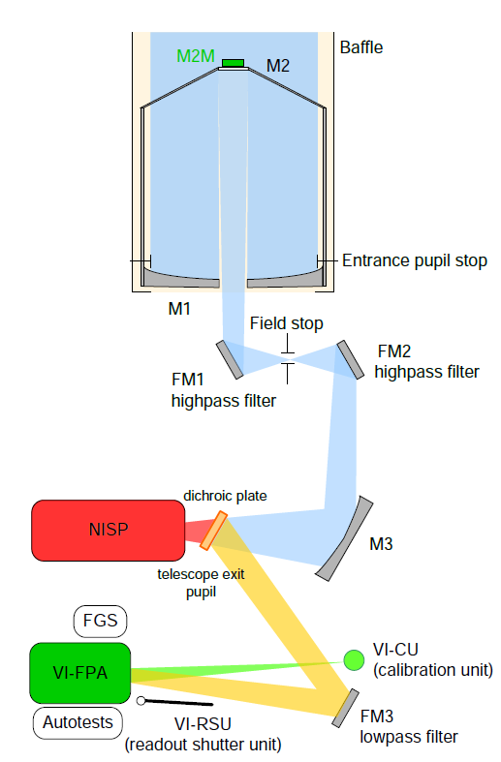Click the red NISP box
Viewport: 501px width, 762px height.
point(108,531)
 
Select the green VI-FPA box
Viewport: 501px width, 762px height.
point(80,673)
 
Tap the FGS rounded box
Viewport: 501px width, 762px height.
point(100,621)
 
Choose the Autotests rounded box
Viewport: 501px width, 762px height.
point(78,722)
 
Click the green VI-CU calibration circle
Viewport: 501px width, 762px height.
point(354,660)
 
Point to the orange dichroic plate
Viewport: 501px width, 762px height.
point(214,531)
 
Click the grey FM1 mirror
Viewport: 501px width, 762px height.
point(230,359)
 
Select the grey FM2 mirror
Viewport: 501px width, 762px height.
point(350,359)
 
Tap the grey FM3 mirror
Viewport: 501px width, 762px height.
point(345,708)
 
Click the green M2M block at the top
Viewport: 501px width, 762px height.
point(233,63)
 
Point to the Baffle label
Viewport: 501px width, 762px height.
point(361,47)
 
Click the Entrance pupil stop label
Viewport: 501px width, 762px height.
point(415,261)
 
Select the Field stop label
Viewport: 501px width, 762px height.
point(287,323)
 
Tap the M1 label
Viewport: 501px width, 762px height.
point(179,309)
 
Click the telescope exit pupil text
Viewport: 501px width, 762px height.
point(201,583)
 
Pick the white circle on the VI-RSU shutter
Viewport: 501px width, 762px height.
point(141,701)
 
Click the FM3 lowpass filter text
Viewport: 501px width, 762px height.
point(409,726)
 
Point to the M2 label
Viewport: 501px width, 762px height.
point(278,66)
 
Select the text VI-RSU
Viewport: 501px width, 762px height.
point(203,724)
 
